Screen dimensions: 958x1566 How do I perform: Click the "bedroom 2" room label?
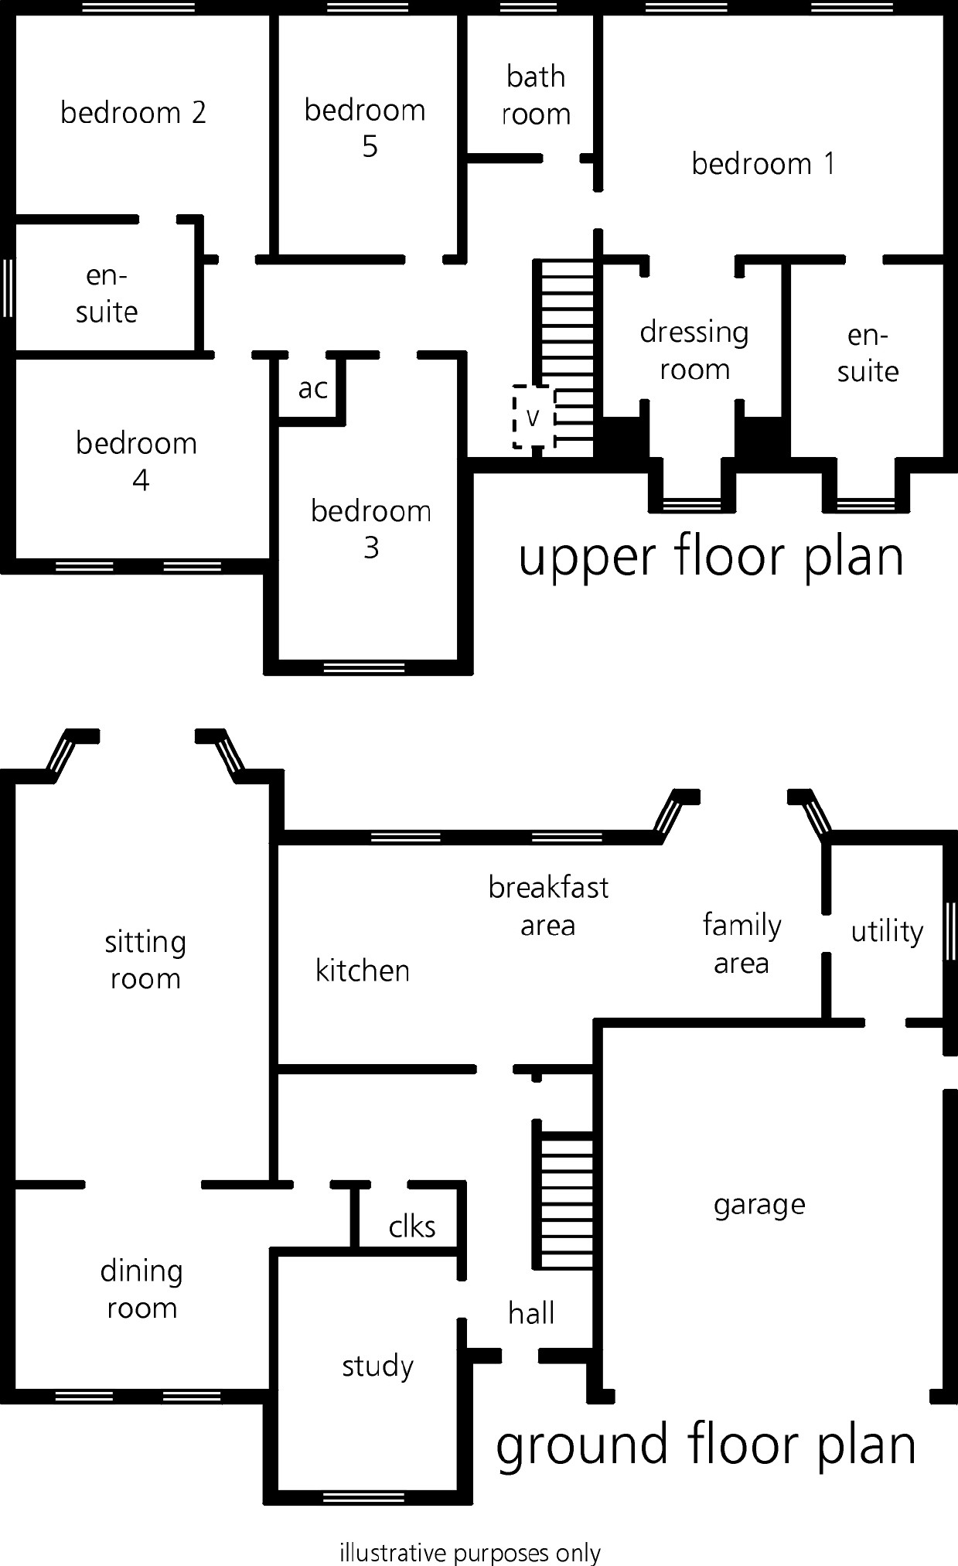click(133, 113)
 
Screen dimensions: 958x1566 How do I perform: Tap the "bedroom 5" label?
click(365, 128)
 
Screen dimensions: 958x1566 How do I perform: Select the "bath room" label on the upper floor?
click(536, 95)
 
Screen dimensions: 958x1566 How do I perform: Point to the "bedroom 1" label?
click(763, 163)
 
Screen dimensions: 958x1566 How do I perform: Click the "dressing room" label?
click(694, 350)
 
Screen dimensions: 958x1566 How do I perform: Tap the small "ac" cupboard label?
click(313, 388)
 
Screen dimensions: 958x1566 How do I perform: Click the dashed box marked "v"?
click(534, 417)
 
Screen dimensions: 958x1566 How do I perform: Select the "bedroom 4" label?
click(137, 462)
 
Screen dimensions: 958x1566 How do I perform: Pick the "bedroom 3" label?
click(371, 529)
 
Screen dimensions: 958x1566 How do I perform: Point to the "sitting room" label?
click(145, 960)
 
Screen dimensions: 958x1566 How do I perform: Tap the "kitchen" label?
click(363, 970)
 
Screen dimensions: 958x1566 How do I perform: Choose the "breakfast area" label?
click(548, 906)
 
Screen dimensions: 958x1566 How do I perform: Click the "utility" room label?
click(887, 931)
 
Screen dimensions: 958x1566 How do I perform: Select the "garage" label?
click(759, 1205)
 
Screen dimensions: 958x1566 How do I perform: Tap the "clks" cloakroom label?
click(412, 1226)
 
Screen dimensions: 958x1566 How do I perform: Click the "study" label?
click(377, 1366)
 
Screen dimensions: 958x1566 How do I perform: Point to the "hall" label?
click(531, 1312)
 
